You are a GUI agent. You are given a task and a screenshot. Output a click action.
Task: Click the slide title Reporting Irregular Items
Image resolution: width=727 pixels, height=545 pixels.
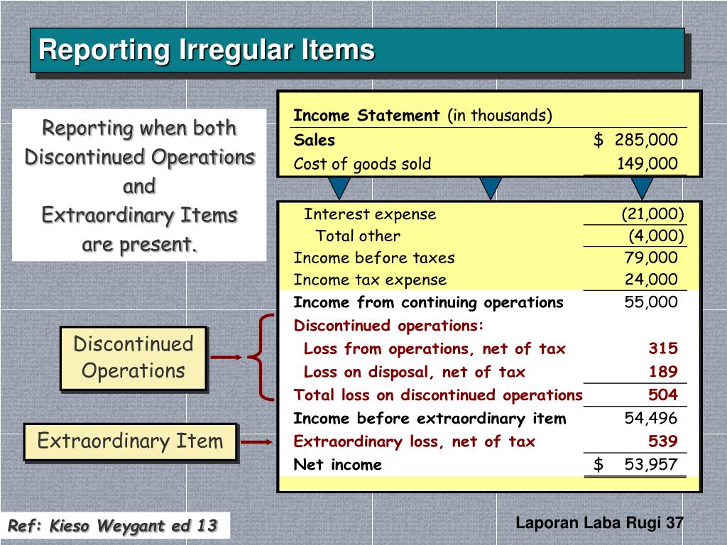(x=206, y=50)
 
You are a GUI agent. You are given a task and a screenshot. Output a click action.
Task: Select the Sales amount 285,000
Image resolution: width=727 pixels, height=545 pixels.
(x=646, y=140)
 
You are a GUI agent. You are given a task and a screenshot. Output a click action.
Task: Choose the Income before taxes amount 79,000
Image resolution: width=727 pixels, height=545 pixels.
(x=651, y=258)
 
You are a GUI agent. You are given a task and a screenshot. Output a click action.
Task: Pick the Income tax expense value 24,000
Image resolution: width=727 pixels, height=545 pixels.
(x=651, y=280)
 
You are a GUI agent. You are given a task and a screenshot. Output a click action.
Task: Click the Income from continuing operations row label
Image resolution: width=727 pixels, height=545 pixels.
(x=428, y=303)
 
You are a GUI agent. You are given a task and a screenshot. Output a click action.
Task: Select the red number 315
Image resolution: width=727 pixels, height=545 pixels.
(x=662, y=348)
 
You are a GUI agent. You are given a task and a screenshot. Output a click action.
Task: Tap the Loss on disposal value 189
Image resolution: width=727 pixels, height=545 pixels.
(x=663, y=372)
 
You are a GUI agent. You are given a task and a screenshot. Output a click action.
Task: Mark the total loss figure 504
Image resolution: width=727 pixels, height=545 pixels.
(x=662, y=395)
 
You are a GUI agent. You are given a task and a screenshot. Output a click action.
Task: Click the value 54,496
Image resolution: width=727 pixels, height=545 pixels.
(x=651, y=419)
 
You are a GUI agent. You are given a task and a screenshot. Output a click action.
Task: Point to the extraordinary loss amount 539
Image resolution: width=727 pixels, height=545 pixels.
(x=662, y=441)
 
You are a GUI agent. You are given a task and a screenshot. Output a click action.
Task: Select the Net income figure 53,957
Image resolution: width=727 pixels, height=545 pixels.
(x=651, y=465)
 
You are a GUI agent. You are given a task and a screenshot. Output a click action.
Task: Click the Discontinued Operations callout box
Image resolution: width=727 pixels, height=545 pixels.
(x=133, y=358)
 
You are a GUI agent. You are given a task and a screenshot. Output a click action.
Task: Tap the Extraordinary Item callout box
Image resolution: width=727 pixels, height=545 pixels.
(x=130, y=441)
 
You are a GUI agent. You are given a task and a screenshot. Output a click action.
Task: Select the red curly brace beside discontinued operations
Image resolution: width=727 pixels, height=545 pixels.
(x=261, y=357)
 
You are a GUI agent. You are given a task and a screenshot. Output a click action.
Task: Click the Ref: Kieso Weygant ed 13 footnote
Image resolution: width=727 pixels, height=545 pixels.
(x=111, y=527)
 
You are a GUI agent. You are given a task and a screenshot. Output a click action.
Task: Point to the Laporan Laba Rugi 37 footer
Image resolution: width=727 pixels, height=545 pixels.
(x=599, y=523)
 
